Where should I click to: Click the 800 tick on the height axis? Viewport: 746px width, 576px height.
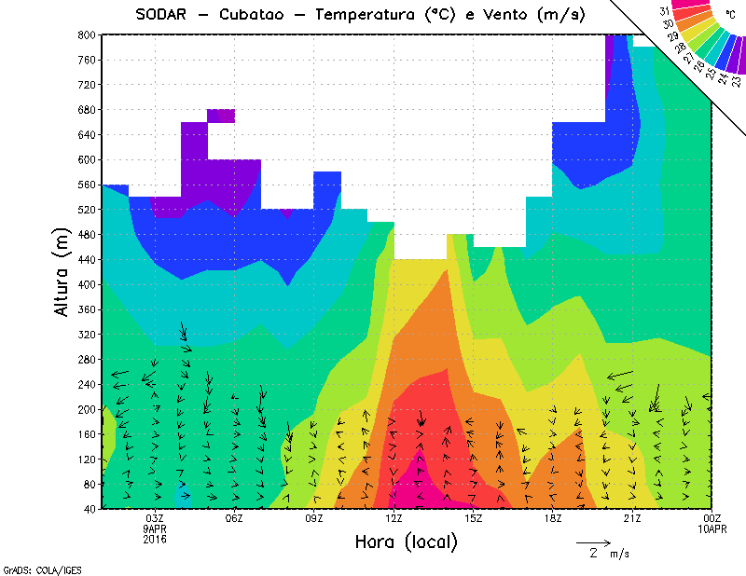click(85, 34)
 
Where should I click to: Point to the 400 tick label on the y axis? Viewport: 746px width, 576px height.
click(85, 284)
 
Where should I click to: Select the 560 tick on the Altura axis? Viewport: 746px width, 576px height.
click(85, 185)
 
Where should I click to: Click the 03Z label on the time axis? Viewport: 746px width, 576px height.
click(155, 518)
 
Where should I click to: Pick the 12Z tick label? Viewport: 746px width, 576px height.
click(394, 518)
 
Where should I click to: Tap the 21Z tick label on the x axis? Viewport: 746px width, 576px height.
click(632, 518)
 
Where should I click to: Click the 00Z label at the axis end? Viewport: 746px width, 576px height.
click(711, 518)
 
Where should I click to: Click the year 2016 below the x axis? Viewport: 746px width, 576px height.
click(155, 539)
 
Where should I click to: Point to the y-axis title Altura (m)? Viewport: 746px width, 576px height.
click(62, 271)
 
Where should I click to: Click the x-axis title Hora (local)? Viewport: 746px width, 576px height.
click(406, 542)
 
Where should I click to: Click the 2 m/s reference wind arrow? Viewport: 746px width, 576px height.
click(593, 542)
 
